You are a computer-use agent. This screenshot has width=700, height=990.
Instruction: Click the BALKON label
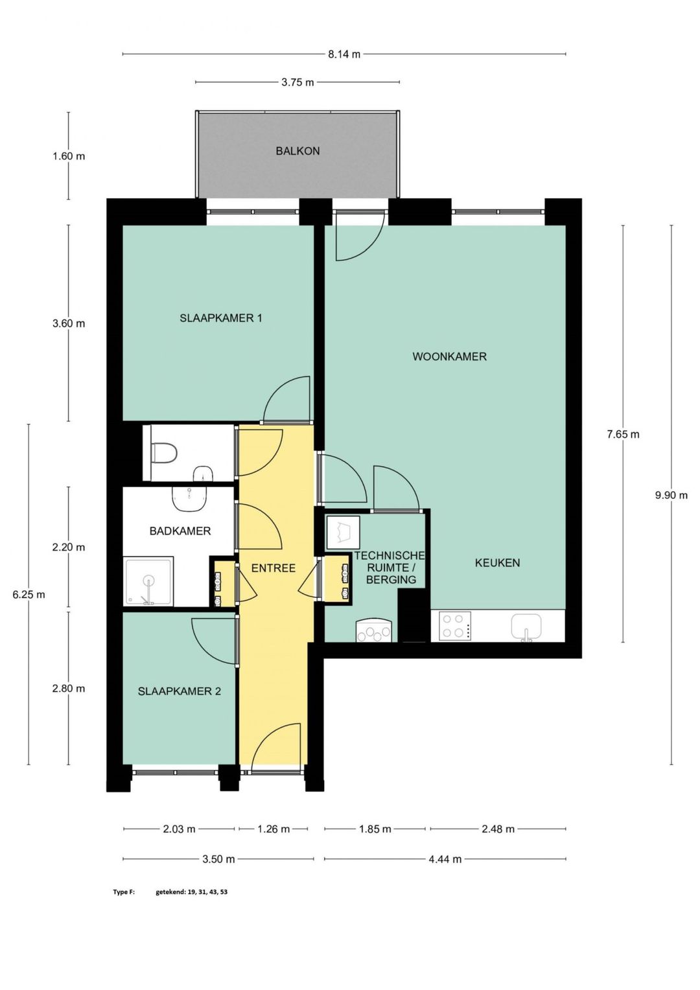pos(297,151)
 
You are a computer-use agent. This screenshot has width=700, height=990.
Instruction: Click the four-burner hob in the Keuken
pos(454,627)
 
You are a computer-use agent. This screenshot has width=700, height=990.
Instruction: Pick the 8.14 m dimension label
pos(344,54)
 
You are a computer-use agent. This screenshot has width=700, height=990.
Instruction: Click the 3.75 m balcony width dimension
pos(297,82)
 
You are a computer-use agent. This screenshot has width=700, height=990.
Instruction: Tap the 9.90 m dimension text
pos(671,496)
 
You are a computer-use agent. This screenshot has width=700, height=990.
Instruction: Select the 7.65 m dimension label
pos(623,435)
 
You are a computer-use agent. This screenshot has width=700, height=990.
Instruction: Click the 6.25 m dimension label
pos(29,595)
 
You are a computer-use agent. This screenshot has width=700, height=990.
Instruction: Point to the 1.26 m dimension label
pos(274,829)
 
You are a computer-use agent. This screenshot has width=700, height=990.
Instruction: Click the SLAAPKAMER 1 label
pos(220,317)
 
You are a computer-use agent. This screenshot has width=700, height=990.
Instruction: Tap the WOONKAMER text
pos(449,356)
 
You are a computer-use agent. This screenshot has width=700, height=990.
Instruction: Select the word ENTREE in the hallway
pos(274,568)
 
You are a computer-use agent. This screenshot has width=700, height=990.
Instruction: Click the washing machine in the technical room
pos(343,532)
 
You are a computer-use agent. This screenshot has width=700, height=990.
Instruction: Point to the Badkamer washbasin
pos(190,498)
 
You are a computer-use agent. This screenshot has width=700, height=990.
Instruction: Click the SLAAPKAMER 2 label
pos(179,691)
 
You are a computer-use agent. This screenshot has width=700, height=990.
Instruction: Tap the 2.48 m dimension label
pos(498,829)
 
